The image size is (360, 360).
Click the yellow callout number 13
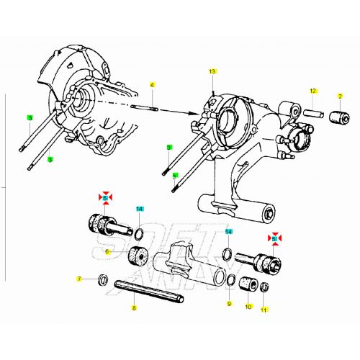pos(212,73)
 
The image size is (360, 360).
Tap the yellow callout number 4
pos(152,85)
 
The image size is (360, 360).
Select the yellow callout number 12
pos(313,91)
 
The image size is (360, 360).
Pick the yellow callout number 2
pos(339,96)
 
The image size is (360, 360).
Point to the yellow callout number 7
pos(79,279)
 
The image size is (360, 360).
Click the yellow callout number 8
pos(133,307)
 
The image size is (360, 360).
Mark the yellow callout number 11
pos(264,310)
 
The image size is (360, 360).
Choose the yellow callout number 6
pos(107,251)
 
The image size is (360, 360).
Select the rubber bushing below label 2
pos(338,117)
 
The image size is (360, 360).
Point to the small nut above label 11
pos(264,289)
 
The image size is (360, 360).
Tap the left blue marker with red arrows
pos(105,197)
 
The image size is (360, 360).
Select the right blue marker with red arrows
pos(274,237)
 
